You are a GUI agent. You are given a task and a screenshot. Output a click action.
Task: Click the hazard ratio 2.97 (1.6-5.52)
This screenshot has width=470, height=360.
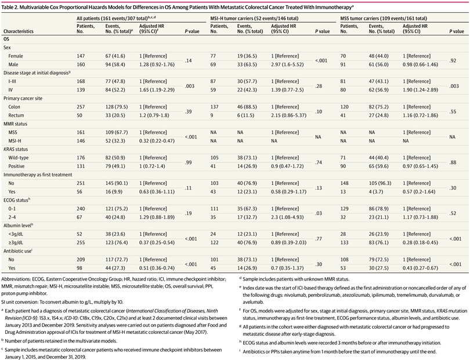[287, 64]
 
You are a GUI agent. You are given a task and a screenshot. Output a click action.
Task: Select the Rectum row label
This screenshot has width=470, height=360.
[16, 115]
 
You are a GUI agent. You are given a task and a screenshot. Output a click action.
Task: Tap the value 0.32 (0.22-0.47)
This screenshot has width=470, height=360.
[157, 141]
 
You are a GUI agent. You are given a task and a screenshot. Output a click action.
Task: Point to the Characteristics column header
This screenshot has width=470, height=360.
[19, 31]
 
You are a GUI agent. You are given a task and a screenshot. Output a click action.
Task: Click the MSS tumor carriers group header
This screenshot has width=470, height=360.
[384, 19]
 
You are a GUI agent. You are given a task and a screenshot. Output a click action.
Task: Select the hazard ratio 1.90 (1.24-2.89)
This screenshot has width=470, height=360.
[420, 90]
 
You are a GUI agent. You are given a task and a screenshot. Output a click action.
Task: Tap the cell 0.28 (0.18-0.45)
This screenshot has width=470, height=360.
[420, 242]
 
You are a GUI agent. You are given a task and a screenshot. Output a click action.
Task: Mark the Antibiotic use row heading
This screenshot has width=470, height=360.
[17, 251]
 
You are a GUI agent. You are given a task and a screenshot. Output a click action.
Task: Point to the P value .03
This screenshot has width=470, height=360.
[319, 213]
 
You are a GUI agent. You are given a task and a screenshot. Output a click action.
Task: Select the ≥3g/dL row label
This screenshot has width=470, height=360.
[16, 242]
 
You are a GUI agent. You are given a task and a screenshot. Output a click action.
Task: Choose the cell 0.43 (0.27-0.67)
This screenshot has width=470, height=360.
[420, 268]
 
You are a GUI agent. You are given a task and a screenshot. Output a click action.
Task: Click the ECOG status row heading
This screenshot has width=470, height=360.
[16, 200]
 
